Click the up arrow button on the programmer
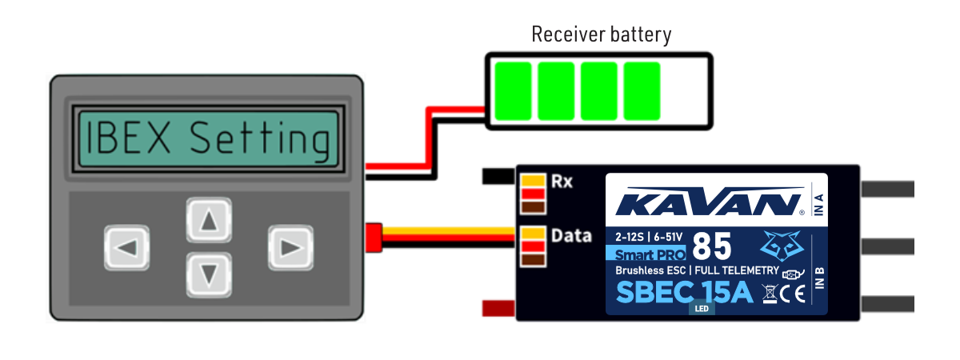pos(210,221)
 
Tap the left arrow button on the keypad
pos(127,248)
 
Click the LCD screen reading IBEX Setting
pos(207,138)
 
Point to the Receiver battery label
pos(601,34)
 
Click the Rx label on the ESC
pos(562,181)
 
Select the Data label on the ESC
pos(572,236)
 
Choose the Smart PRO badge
pos(645,254)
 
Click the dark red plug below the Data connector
pos(498,308)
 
